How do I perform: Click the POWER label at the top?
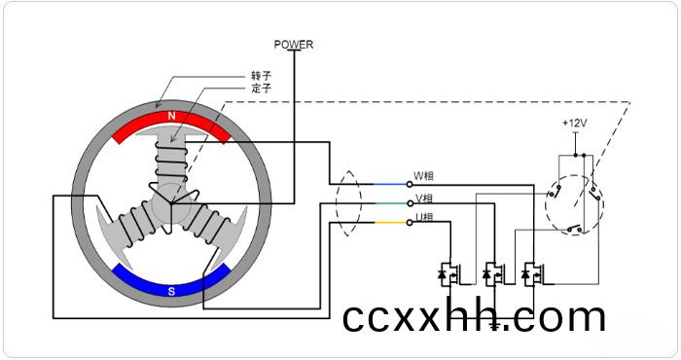[x=293, y=45]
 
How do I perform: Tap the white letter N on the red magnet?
[x=171, y=116]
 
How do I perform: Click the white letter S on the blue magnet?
[x=171, y=291]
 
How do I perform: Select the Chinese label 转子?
[x=261, y=76]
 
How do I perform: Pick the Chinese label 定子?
[x=261, y=89]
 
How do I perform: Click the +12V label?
[x=575, y=124]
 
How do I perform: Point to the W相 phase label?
[x=423, y=176]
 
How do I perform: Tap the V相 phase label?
[x=424, y=198]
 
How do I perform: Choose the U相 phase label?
[x=424, y=217]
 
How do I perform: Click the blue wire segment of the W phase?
[x=389, y=184]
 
